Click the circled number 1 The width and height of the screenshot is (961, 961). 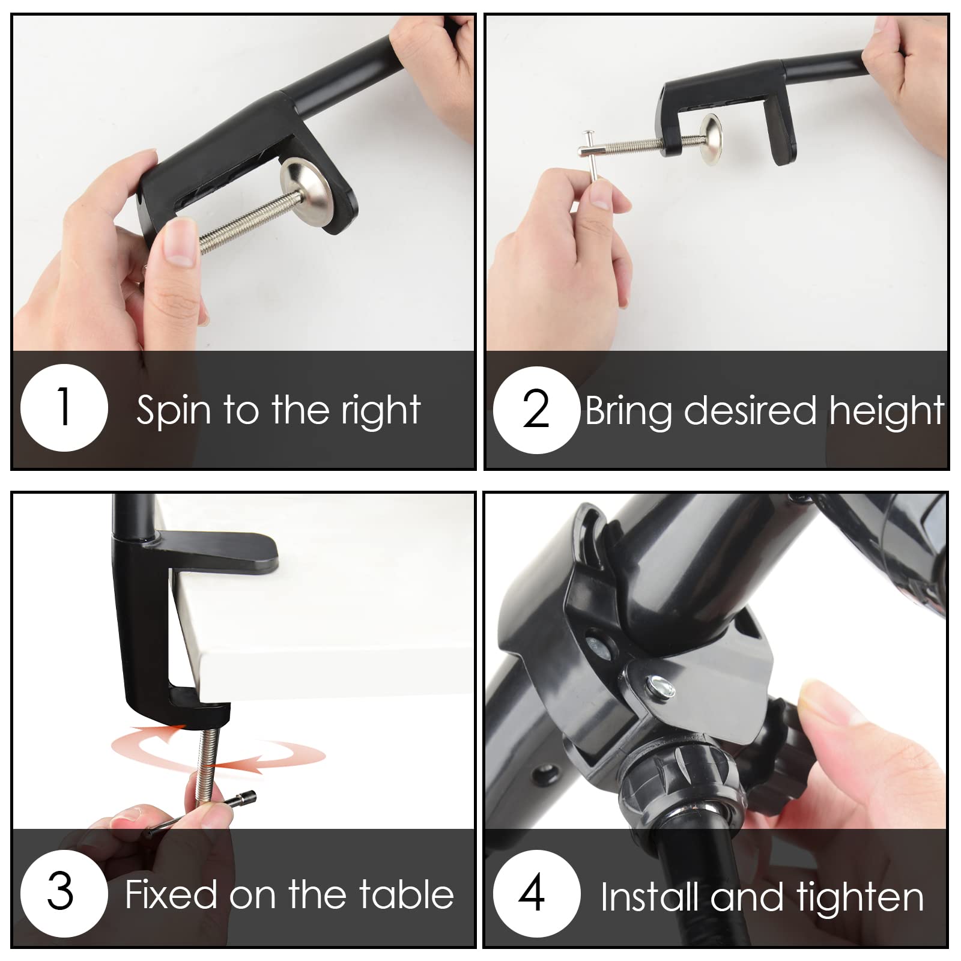64,408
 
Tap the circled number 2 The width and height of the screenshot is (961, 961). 536,409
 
